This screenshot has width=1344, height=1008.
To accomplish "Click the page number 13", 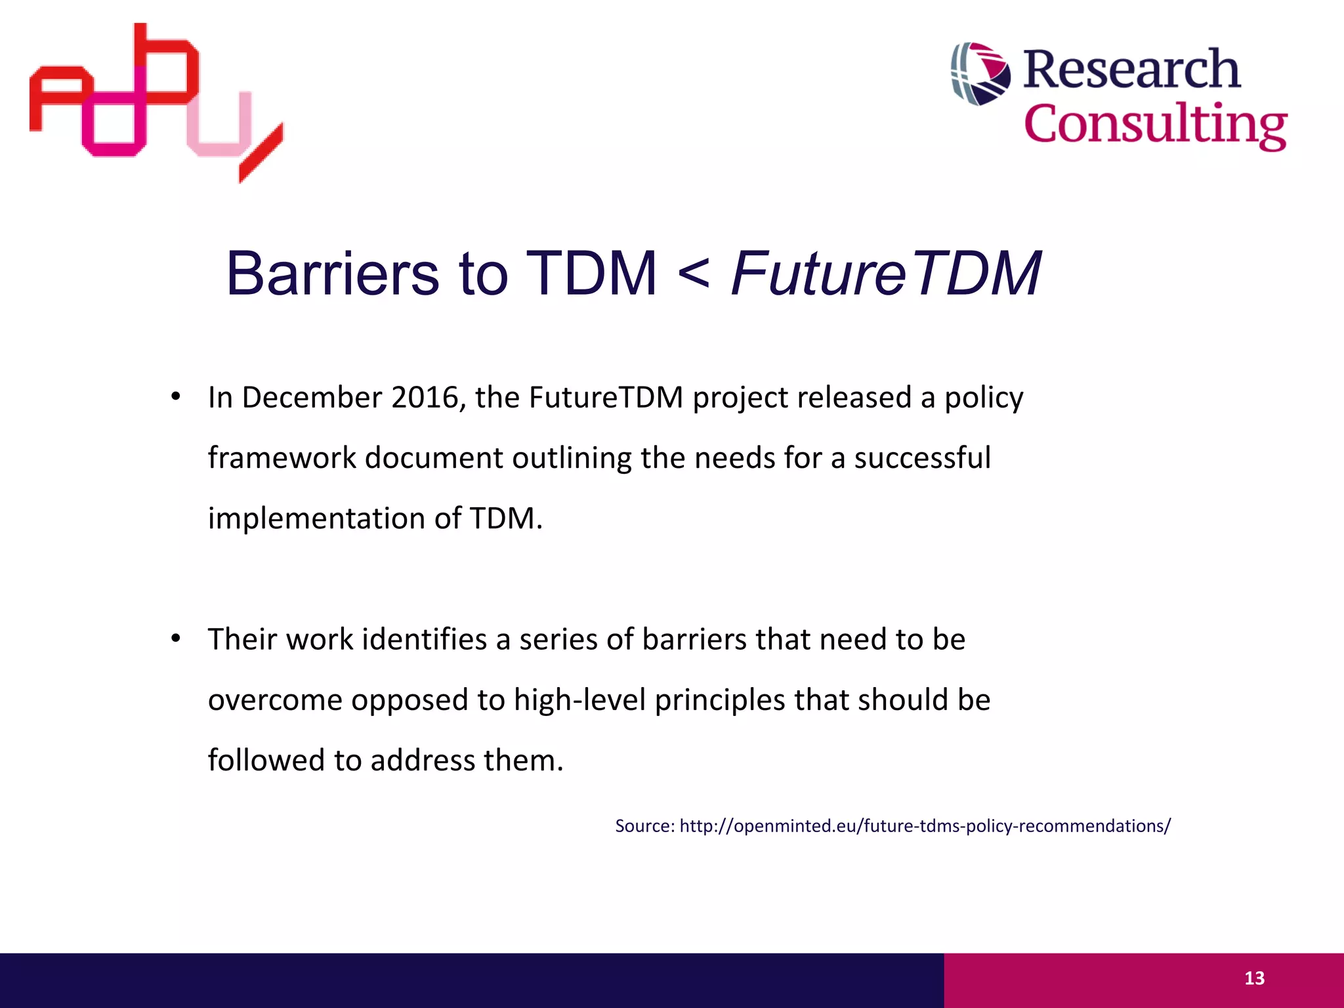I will (1254, 978).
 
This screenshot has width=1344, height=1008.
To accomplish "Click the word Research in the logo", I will (1131, 69).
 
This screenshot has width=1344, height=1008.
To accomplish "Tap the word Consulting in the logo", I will (1155, 124).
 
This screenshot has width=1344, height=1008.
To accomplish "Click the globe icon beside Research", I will (980, 73).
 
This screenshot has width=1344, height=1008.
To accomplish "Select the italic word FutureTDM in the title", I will (885, 274).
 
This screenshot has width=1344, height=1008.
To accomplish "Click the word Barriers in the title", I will (332, 274).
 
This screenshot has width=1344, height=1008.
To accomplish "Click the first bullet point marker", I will (175, 396).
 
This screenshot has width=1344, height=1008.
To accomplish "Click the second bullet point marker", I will (175, 638).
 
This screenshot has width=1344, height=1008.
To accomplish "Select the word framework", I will (282, 458).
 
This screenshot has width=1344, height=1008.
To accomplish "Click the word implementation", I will (316, 518).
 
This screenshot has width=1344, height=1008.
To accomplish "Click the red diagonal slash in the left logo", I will (261, 153).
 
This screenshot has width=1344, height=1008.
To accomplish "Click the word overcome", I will (275, 700).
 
